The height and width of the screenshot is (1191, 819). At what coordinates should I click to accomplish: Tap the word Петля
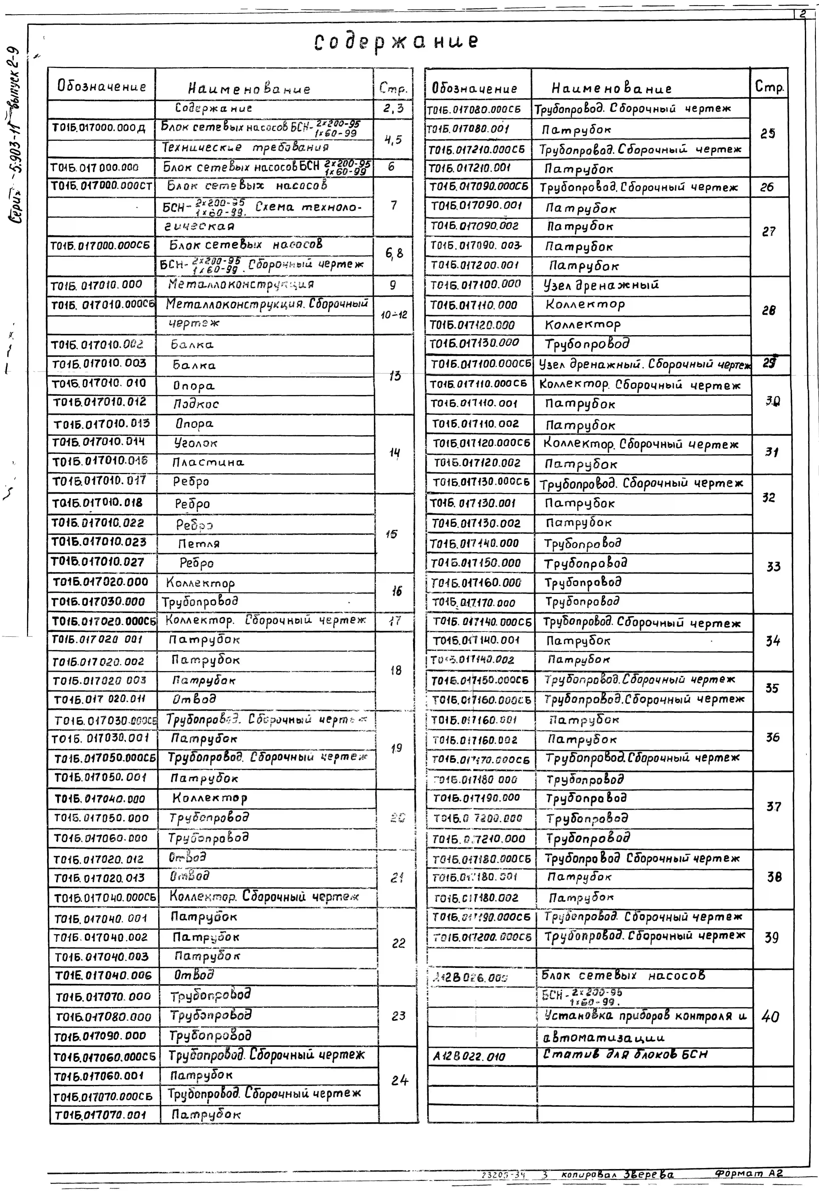click(x=199, y=543)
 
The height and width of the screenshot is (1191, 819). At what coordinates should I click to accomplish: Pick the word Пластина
click(x=208, y=462)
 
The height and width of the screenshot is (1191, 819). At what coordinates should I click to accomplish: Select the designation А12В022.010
click(x=469, y=1056)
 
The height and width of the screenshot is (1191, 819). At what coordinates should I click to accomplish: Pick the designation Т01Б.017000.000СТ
click(x=102, y=186)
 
